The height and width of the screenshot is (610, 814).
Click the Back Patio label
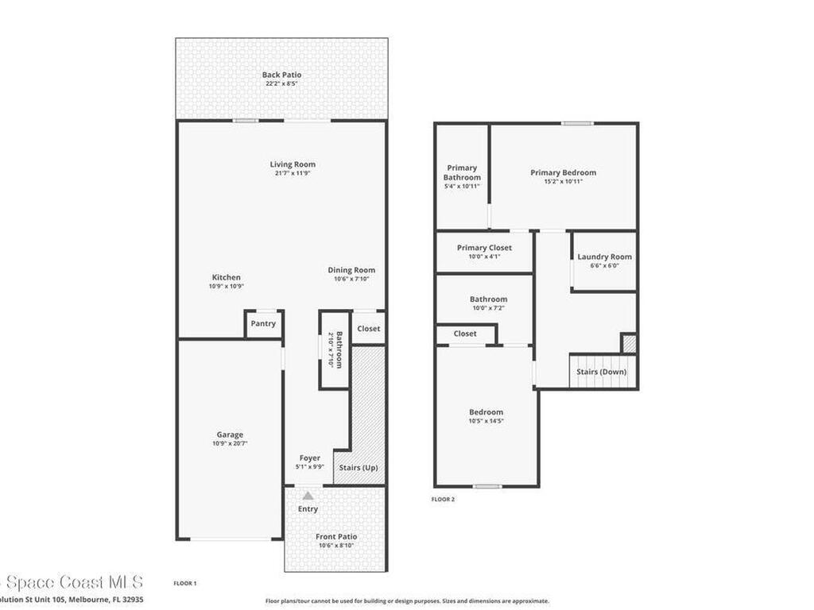tap(281, 75)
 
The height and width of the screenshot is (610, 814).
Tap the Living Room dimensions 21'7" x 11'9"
tap(292, 173)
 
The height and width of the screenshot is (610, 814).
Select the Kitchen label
tap(226, 277)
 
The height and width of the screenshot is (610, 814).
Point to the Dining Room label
tap(351, 270)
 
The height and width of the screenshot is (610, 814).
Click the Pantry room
tap(263, 324)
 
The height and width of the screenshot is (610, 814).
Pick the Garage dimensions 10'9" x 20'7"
tap(230, 444)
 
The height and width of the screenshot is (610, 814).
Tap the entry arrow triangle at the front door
tap(308, 496)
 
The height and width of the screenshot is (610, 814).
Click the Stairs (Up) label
tap(359, 468)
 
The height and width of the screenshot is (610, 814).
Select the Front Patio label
tap(336, 537)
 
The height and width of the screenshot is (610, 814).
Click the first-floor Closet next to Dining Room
tap(368, 329)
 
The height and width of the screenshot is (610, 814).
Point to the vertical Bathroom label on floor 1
tap(339, 349)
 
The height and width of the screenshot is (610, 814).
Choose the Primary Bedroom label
tap(563, 172)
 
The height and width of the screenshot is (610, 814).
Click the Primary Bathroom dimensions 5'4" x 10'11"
tap(462, 187)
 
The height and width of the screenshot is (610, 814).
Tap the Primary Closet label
tap(484, 248)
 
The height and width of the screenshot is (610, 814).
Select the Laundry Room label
tap(604, 257)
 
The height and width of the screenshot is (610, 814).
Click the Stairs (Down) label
tap(601, 372)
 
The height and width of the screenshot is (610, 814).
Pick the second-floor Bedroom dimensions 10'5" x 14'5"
tap(486, 421)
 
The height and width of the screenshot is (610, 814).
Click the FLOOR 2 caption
tap(443, 500)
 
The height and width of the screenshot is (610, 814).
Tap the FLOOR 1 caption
tap(184, 583)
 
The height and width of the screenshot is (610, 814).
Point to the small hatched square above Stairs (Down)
tap(629, 344)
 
